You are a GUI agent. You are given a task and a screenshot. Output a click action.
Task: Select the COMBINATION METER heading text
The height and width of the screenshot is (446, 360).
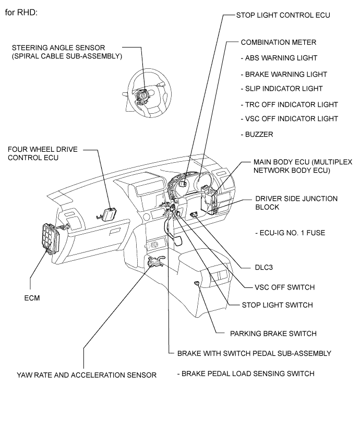point(279,42)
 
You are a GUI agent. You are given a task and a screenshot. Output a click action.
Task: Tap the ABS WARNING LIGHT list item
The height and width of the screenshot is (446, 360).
point(279,58)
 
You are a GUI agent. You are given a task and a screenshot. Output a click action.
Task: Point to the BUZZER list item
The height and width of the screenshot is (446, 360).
point(257,135)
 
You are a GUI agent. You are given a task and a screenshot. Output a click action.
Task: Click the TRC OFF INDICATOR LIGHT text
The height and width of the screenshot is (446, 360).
point(289,104)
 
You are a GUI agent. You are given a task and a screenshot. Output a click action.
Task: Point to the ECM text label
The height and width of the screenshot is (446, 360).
point(32,298)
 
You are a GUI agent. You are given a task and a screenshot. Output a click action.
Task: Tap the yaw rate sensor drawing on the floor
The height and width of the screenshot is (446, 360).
point(155,262)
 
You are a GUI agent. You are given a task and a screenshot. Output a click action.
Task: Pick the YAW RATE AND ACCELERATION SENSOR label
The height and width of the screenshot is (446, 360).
point(87,375)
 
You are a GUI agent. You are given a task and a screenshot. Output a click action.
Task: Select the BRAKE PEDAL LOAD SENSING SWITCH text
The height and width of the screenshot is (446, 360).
point(246,373)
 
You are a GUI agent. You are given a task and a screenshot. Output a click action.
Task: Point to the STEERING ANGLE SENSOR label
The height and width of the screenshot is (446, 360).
point(67,52)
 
